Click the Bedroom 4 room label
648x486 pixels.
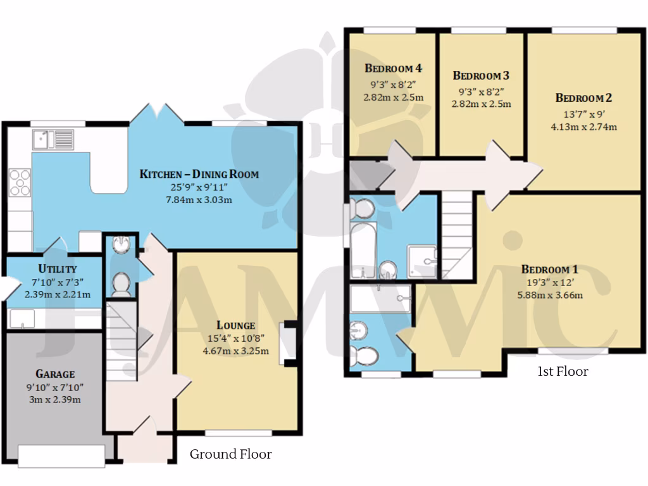click(393, 68)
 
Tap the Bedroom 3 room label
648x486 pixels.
click(481, 75)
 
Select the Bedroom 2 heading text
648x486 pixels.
click(583, 98)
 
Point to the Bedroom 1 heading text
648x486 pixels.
click(549, 268)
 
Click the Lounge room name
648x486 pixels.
click(235, 325)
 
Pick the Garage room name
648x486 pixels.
click(55, 373)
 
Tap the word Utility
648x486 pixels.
click(57, 269)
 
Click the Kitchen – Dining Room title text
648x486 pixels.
click(199, 174)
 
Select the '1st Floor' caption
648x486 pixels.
click(563, 371)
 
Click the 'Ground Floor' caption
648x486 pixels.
click(231, 454)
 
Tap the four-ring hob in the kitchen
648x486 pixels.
click(20, 181)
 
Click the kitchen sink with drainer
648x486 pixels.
click(54, 139)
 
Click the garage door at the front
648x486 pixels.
click(61, 456)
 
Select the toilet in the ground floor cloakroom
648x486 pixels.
click(120, 285)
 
